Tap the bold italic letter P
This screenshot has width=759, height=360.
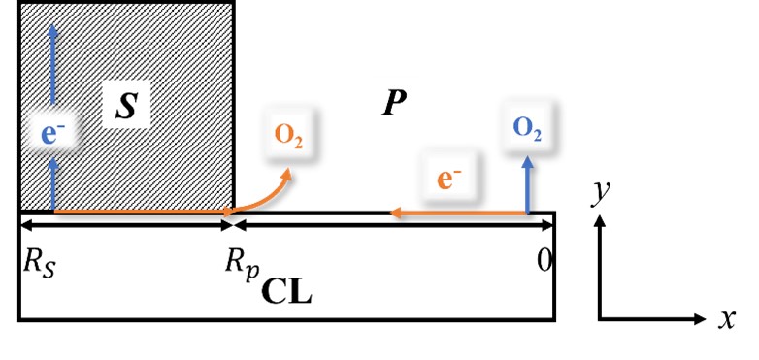[392, 103]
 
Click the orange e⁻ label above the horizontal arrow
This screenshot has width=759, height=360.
[449, 180]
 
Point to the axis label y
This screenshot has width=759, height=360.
[602, 193]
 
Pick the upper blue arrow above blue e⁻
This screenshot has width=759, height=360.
[52, 68]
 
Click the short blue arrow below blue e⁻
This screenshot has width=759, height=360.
[52, 184]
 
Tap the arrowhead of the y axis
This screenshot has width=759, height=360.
[602, 221]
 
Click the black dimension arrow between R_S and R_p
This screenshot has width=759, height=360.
[126, 225]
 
